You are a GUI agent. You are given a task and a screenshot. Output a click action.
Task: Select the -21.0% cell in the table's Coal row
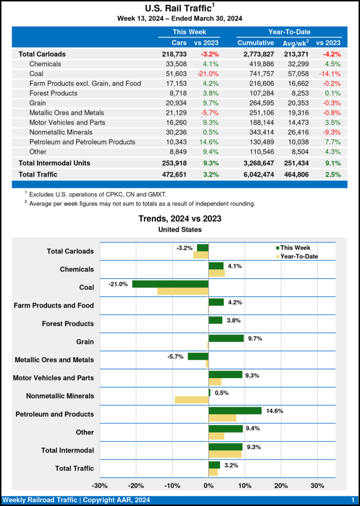208,74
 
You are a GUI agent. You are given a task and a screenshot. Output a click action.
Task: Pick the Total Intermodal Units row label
54,163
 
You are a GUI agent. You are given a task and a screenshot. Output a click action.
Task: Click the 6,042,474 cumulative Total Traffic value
256,174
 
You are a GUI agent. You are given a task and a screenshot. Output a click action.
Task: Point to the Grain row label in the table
38,103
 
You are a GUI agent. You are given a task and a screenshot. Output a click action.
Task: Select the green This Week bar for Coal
170,284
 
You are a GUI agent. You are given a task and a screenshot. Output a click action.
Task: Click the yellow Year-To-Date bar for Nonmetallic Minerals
191,399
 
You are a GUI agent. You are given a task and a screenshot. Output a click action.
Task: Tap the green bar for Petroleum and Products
235,411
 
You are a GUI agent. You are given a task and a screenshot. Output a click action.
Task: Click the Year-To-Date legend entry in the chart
299,256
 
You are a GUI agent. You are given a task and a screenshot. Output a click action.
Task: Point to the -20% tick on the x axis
136,485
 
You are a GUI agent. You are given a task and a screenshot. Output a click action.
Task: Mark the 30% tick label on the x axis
317,485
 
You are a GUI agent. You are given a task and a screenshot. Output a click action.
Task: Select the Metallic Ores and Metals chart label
54,360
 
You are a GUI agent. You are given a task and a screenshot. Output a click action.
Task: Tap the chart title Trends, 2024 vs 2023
180,218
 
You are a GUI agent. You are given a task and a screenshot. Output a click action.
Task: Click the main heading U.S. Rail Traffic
179,8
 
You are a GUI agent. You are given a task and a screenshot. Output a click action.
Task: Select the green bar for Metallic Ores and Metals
198,356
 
